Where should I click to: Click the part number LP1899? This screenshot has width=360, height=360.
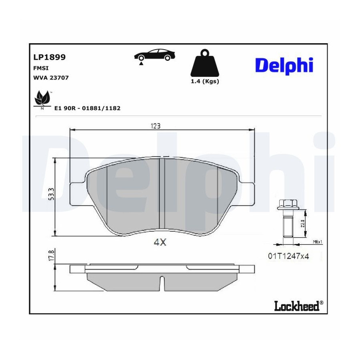(50, 57)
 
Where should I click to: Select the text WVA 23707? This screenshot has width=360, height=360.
(51, 78)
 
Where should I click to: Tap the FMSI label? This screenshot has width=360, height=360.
(41, 68)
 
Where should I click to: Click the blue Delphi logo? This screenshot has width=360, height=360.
(284, 66)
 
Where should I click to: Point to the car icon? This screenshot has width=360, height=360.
(154, 55)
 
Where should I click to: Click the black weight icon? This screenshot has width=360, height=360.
(205, 63)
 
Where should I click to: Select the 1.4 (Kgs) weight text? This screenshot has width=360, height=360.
(205, 81)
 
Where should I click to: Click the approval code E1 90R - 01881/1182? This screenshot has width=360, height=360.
(87, 108)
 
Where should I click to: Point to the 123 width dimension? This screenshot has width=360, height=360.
(156, 126)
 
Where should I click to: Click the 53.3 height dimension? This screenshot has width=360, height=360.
(51, 194)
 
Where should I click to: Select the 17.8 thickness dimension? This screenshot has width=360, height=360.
(52, 255)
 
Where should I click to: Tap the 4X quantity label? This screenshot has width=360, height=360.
(160, 242)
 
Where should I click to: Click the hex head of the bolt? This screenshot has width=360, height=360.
(288, 204)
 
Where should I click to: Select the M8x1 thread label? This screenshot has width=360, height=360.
(318, 242)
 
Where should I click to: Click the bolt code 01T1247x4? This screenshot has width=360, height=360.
(288, 256)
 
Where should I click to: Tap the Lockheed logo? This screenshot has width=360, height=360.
(299, 306)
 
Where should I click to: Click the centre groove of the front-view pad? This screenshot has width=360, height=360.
(162, 193)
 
